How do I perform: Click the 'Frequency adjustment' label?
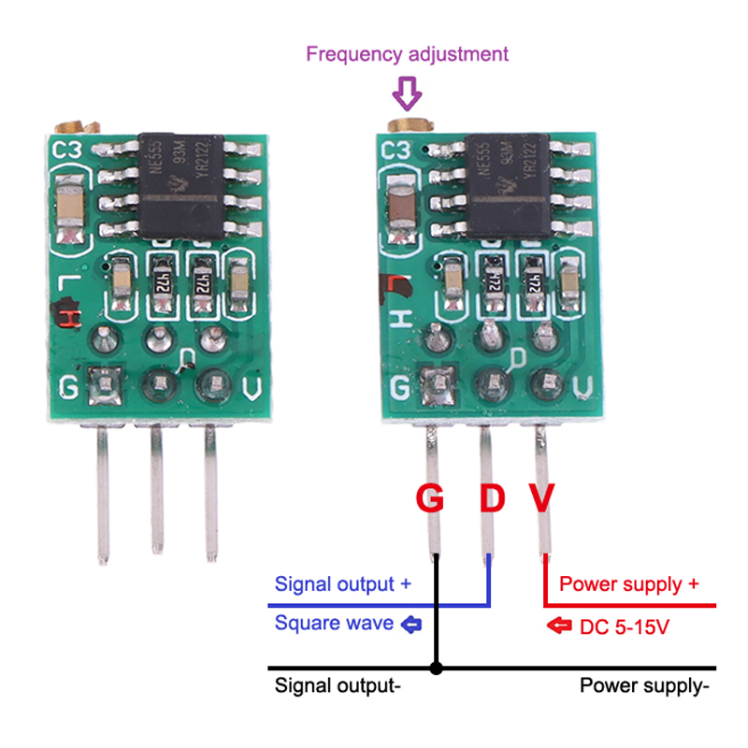point(407,53)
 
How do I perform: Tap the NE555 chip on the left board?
point(184,185)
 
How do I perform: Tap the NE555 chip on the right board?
point(509,185)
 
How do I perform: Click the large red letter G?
point(430,498)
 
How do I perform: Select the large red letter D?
point(491,498)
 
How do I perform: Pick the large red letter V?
point(542,498)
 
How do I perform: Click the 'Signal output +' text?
point(342,584)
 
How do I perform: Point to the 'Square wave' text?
point(334,623)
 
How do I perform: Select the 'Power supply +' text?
point(628,584)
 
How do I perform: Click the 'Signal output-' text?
point(338,685)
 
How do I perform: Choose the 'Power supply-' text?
point(644,685)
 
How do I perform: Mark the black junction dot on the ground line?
point(435,669)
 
